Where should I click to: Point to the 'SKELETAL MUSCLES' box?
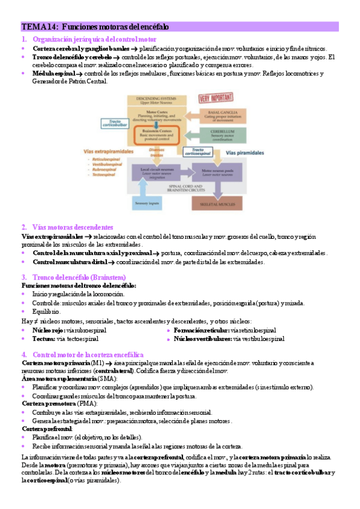[x=215, y=204]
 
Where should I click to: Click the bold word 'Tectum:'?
[x=43, y=339]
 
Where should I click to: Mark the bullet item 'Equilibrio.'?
[x=46, y=312]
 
